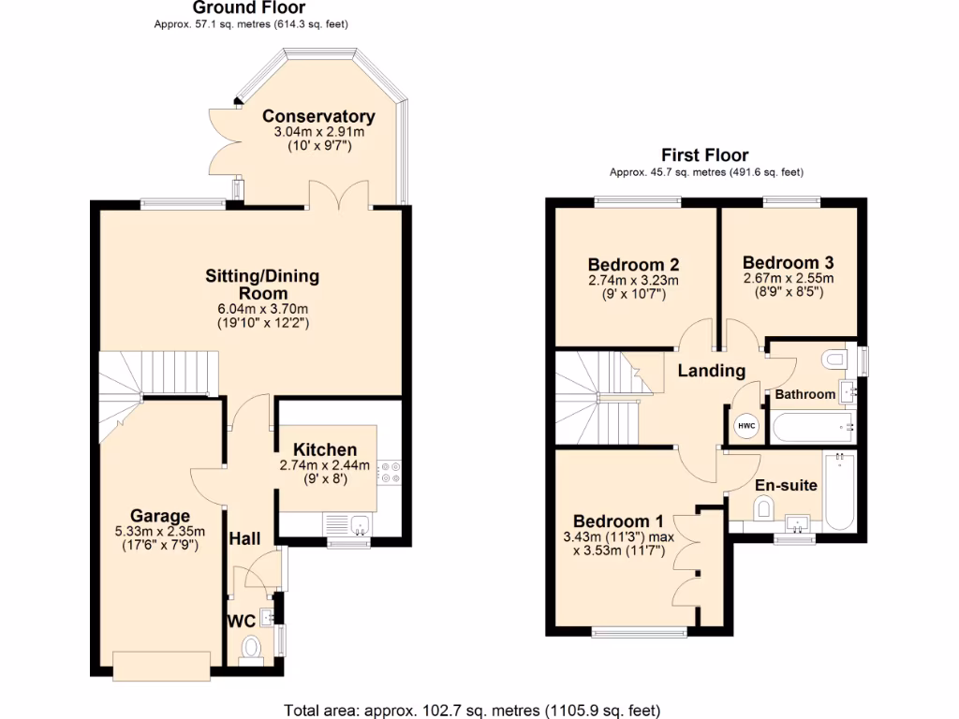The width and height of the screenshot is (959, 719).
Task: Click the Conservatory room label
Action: point(318,116)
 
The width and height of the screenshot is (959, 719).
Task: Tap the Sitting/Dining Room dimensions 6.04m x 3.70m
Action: point(262,307)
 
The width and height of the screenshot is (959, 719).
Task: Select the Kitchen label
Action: point(325,450)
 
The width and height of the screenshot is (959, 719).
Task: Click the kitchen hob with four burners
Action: point(389,472)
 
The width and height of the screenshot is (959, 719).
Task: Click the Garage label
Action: point(160,516)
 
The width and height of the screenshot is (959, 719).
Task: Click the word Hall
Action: point(244,538)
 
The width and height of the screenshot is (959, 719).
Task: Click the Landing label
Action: point(711,371)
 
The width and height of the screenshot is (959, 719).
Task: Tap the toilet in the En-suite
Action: point(763,508)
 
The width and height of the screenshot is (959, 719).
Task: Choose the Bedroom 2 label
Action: point(633,264)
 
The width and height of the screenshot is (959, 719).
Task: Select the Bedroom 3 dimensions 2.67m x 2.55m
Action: point(788,278)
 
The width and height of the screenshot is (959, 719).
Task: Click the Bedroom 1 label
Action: point(618,521)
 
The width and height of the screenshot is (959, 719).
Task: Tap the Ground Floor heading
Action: point(236,8)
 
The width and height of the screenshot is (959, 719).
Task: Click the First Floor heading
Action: point(704,155)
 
